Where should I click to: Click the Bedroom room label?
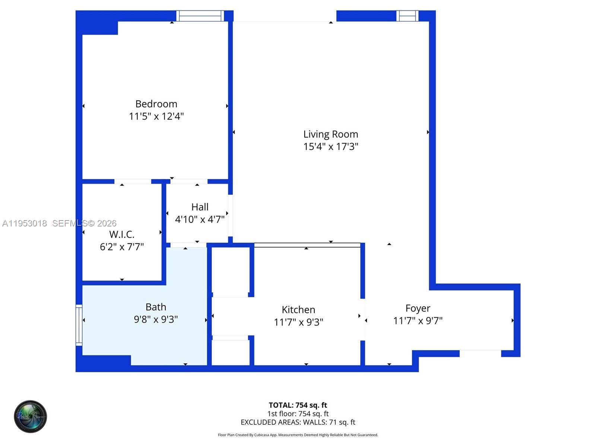click(156, 104)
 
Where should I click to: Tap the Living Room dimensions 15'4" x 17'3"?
click(330, 146)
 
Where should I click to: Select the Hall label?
click(200, 207)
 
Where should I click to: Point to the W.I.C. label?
click(122, 234)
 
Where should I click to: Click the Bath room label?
click(156, 307)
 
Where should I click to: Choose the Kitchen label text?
click(298, 310)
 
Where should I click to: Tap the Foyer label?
click(418, 308)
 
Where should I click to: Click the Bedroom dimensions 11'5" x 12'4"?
click(156, 116)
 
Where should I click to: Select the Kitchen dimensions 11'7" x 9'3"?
click(298, 322)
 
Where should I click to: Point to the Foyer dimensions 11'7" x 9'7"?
click(418, 321)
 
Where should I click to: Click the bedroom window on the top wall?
click(200, 16)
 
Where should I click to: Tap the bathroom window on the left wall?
click(79, 325)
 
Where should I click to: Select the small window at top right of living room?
click(407, 16)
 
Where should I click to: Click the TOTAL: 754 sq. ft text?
click(298, 405)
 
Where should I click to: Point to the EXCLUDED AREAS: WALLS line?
click(298, 422)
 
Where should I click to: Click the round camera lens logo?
click(30, 416)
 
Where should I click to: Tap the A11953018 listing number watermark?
click(25, 223)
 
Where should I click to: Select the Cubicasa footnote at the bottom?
click(298, 435)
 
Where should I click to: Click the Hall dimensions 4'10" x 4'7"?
click(200, 219)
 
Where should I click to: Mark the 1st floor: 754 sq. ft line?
click(298, 413)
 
